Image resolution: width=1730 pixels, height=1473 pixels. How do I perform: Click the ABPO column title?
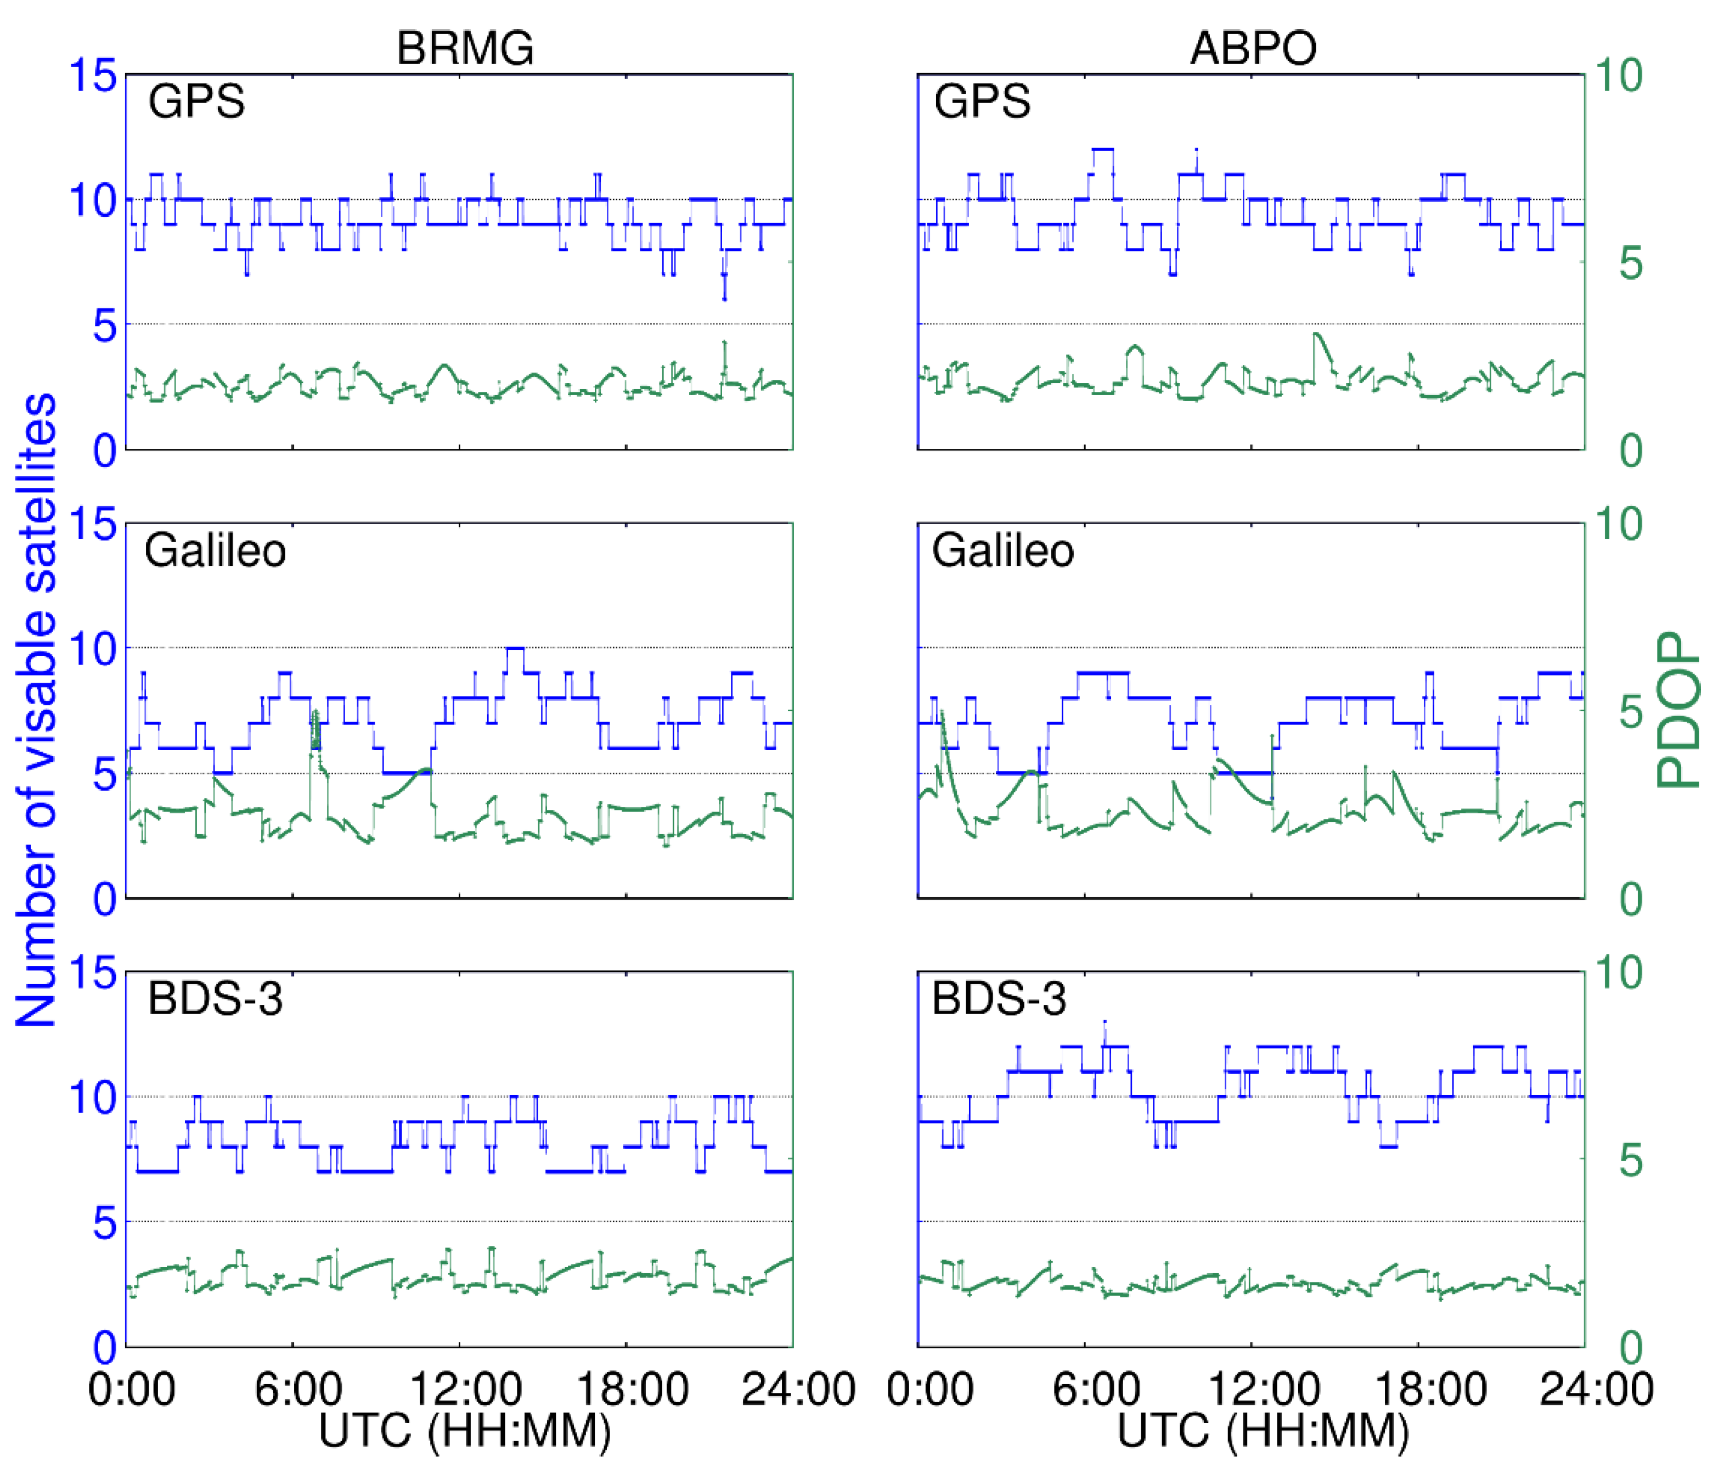tap(1253, 48)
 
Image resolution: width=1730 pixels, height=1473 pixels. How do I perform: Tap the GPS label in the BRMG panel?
tap(196, 102)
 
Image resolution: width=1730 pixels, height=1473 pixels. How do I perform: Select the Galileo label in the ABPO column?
tap(1003, 551)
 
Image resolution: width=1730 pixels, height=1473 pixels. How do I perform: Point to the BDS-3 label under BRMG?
tap(216, 999)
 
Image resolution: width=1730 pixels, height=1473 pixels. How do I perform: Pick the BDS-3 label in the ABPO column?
tap(999, 999)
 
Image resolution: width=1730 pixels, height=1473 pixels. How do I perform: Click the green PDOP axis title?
tap(1678, 710)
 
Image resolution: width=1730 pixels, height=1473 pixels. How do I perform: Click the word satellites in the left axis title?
tap(37, 493)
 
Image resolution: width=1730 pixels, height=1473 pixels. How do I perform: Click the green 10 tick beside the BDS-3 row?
tap(1618, 973)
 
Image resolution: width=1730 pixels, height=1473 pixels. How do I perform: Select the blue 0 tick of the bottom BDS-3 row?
tap(104, 1346)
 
